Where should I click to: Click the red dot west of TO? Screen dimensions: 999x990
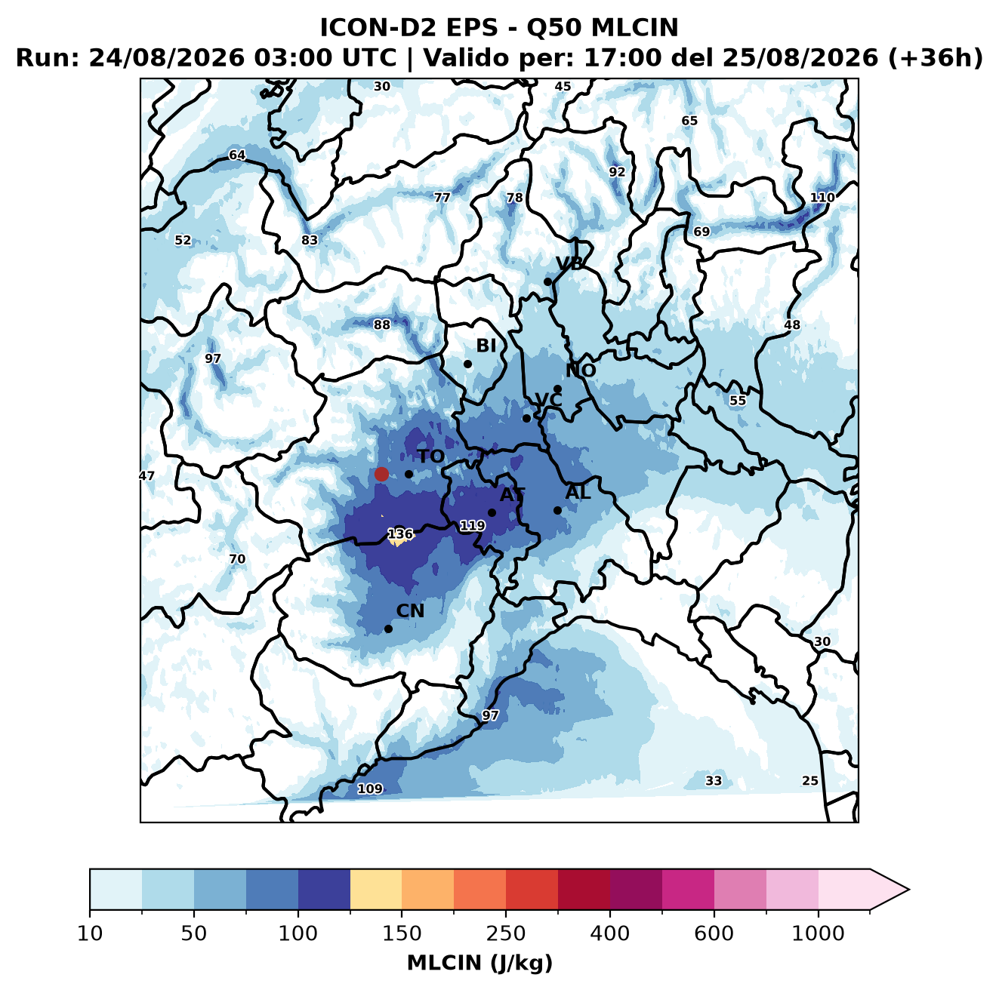coord(381,474)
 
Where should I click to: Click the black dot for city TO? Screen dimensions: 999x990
coord(409,474)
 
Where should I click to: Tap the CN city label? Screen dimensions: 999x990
coord(410,611)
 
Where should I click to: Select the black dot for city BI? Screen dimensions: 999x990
coord(467,364)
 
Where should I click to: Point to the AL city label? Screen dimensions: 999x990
coord(578,492)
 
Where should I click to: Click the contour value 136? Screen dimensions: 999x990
coord(400,533)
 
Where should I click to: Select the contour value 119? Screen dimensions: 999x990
coord(472,526)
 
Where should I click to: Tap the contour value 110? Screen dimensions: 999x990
coord(822,198)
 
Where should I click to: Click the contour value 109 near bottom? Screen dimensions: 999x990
coord(370,789)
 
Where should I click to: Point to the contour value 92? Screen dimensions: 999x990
coord(617,172)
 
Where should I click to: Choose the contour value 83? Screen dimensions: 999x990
coord(310,241)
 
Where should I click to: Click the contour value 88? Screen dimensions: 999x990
coord(382,324)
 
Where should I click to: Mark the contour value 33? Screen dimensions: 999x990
coord(714,780)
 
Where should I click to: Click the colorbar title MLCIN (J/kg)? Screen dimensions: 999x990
coord(479,963)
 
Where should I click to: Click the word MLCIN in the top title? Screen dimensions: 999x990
coord(634,28)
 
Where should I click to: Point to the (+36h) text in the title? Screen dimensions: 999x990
coord(935,58)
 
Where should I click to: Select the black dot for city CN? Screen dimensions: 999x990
coord(388,629)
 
